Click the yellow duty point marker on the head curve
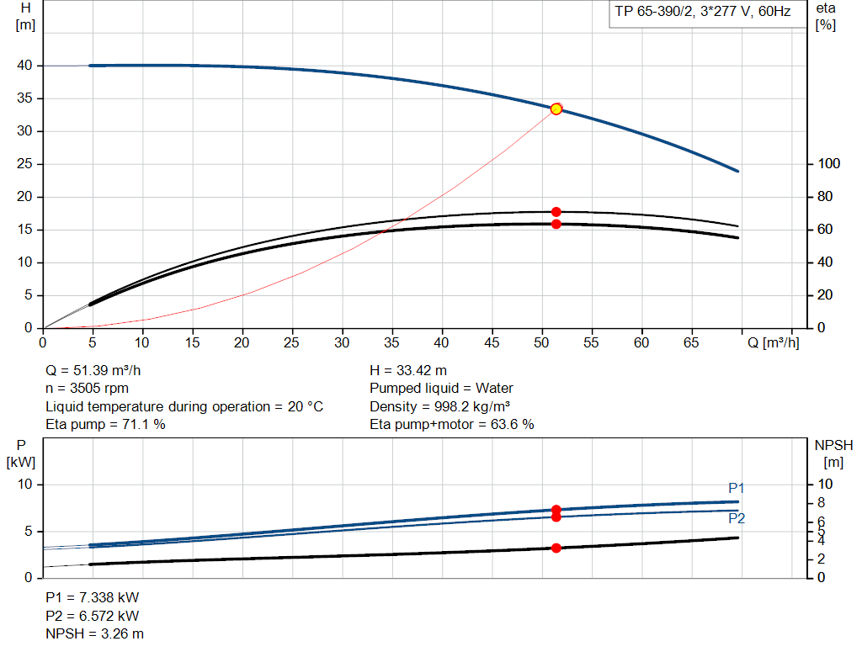click(556, 109)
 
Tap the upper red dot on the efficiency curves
click(556, 212)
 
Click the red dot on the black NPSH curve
click(556, 548)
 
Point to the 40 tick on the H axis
click(24, 66)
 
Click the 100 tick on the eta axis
click(826, 164)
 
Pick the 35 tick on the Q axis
click(391, 343)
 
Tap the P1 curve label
click(737, 488)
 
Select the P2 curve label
click(737, 519)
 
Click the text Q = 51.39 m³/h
click(99, 370)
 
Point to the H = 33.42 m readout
click(409, 370)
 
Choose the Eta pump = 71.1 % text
click(105, 425)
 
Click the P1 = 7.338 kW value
click(92, 597)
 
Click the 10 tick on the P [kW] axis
click(24, 485)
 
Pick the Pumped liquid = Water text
click(441, 389)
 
